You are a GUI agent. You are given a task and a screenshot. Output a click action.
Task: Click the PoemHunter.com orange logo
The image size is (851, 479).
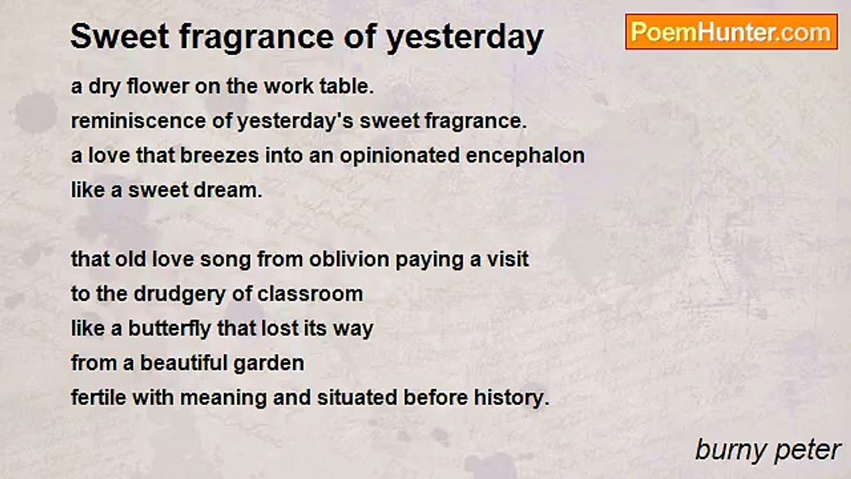coord(731,32)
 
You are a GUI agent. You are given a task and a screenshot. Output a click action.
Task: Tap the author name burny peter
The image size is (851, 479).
coord(768,451)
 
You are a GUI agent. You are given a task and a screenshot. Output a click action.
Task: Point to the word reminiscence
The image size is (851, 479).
coord(139,121)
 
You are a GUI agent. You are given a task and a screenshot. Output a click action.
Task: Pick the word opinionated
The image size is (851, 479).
coord(400,156)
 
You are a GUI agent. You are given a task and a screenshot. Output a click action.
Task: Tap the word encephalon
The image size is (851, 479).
coord(525,156)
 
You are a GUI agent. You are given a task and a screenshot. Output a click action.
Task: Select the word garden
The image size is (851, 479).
coord(269,363)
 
